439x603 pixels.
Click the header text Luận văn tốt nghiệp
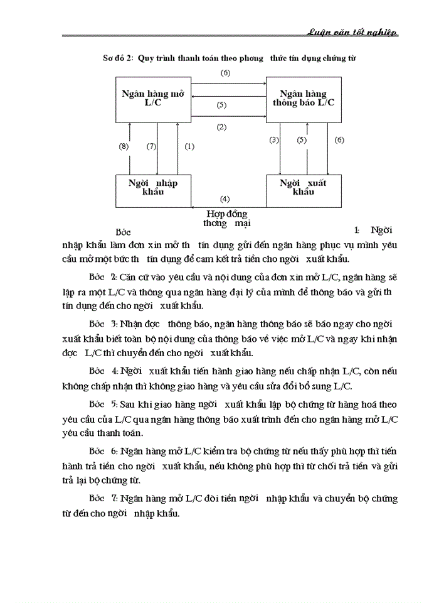[x=353, y=33]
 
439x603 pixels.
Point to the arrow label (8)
[x=124, y=146]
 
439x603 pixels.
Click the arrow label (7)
[x=151, y=146]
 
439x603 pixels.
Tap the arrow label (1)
[x=189, y=146]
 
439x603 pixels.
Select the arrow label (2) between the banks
[x=221, y=127]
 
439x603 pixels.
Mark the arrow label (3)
[x=274, y=140]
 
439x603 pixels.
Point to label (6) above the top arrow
[x=226, y=73]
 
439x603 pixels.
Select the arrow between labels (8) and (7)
[x=130, y=148]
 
